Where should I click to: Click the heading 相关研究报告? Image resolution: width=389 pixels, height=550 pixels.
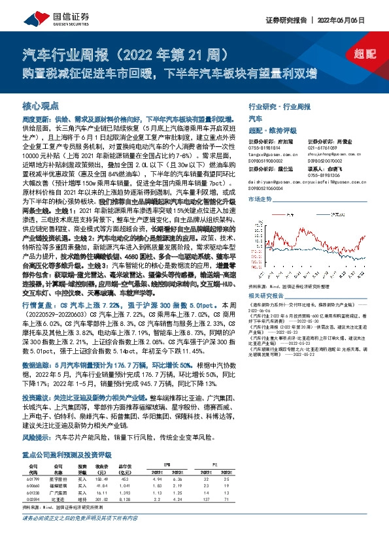pos(270,295)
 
